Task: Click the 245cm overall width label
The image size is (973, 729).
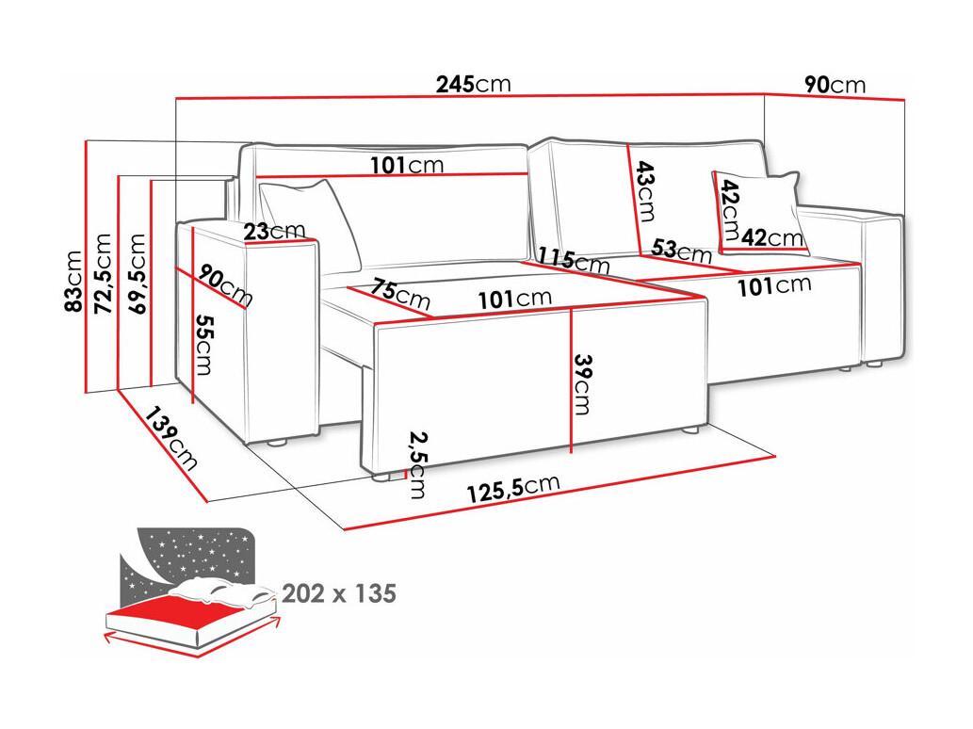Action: pos(473,84)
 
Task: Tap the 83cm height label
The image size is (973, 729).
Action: pos(73,281)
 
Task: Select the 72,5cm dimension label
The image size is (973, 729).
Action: pos(103,273)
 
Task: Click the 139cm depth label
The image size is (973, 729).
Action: pos(171,438)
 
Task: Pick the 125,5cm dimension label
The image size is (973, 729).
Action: pos(513,488)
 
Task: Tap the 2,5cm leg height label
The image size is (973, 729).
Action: pos(417,465)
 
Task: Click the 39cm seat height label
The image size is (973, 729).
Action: pos(583,384)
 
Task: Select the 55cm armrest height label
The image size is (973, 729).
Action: pos(203,345)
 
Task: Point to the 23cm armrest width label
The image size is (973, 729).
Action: pos(274,232)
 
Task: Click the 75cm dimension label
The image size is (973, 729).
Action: pos(401,294)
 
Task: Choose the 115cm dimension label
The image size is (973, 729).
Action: pos(574,260)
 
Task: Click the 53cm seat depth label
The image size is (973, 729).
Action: pos(681,250)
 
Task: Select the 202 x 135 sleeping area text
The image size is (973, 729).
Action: pos(339,593)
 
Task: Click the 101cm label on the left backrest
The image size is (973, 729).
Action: pos(407,165)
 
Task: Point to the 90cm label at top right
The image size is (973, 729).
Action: pos(835,85)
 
